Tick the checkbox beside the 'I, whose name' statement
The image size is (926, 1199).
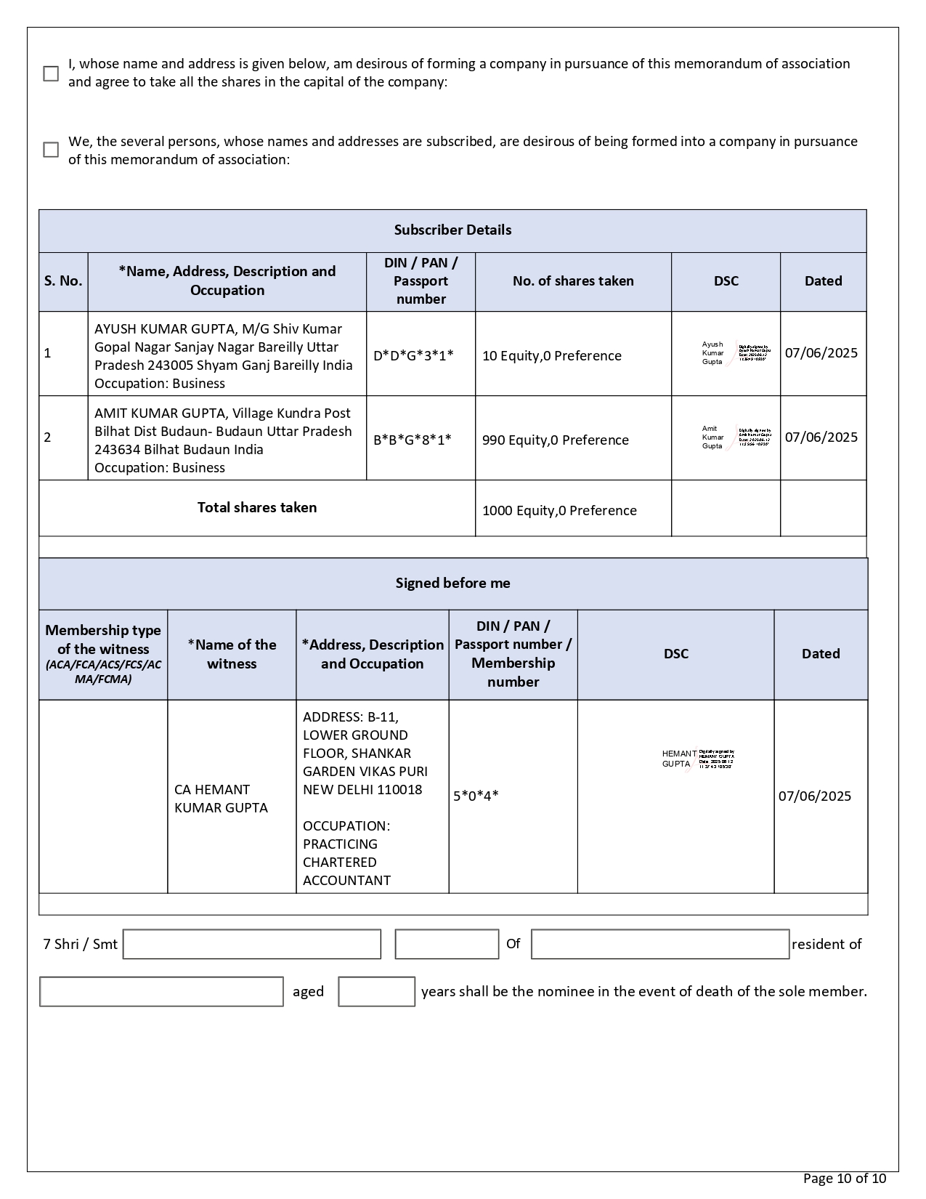51,73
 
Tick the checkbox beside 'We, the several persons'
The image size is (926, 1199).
51,150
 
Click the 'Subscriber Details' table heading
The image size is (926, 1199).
452,230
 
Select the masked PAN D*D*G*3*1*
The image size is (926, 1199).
413,355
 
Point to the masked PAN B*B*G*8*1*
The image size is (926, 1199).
412,440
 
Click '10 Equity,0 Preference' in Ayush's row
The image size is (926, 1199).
551,355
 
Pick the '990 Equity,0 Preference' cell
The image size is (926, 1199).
555,440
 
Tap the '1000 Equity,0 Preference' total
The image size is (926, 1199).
559,510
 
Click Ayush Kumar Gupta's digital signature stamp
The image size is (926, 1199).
735,353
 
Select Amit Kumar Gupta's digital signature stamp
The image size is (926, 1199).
735,437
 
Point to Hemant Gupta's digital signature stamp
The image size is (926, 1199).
698,759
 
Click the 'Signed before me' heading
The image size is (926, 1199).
452,583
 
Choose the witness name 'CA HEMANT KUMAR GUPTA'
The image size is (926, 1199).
221,799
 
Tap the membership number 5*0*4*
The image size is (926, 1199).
476,796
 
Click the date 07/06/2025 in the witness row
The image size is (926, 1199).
814,796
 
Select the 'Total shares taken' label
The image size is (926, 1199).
257,507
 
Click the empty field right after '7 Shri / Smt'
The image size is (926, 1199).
252,944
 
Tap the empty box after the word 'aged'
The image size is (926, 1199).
376,992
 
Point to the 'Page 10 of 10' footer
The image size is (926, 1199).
844,1179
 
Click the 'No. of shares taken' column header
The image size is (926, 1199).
573,281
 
